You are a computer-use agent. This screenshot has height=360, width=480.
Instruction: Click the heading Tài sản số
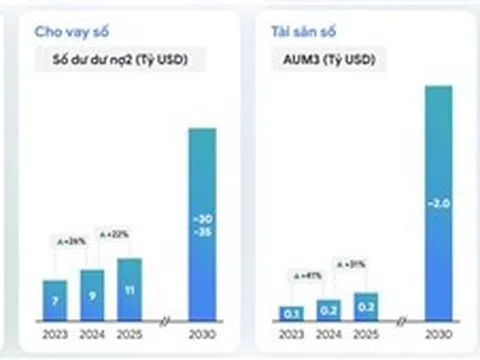pos(298,32)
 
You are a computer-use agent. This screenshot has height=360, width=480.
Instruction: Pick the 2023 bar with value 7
pos(56,300)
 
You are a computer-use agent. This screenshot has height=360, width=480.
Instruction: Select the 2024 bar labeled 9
pos(92,295)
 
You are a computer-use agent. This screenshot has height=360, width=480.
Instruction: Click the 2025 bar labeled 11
pos(129,290)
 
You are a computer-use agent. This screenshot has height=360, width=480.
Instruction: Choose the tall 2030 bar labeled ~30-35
pos(203,224)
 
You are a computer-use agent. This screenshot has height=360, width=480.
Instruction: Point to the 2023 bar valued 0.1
pos(292,313)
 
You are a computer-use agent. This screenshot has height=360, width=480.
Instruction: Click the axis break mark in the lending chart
pos(165,322)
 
